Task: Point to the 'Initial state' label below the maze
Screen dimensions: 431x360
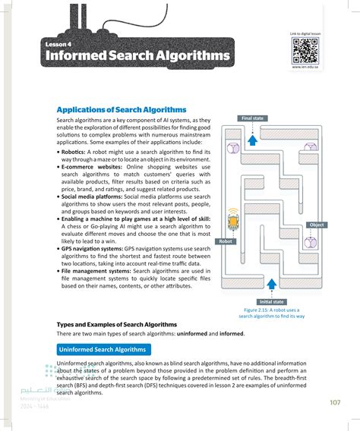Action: coord(271,302)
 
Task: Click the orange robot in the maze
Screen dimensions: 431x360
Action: coord(232,221)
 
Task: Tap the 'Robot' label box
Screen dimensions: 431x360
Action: coord(226,241)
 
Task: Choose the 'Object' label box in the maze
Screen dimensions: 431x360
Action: coord(317,225)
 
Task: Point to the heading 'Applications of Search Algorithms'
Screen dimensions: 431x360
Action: coord(122,110)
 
